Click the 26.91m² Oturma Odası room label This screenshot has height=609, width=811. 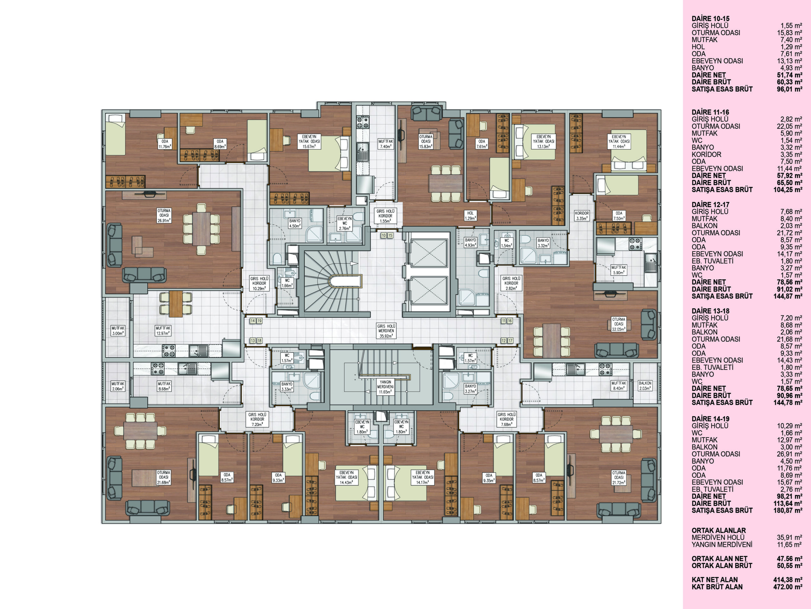164,216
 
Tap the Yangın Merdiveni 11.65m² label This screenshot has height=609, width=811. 385,387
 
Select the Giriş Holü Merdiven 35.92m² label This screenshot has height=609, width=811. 386,331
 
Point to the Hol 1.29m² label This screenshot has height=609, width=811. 470,216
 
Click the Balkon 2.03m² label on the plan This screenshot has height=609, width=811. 645,385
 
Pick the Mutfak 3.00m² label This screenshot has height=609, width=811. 118,331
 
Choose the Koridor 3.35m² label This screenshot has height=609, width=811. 582,216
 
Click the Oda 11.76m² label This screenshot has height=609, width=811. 165,144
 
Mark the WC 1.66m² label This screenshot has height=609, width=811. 287,283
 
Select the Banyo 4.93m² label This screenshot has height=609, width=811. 470,243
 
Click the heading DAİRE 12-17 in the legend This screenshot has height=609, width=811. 711,205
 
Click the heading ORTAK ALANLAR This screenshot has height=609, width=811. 718,530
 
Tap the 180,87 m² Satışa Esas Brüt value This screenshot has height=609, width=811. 788,510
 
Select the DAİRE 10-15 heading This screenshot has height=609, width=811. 711,19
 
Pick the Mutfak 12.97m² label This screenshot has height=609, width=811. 163,331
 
